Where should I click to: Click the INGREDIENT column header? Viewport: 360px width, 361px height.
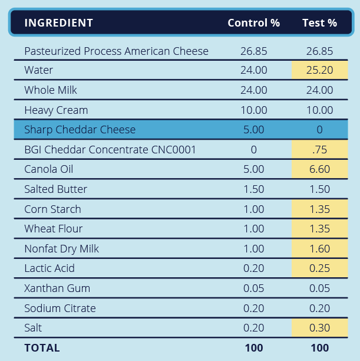58,23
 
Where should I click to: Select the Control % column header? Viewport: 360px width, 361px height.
253,23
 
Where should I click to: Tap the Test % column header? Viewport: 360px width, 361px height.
319,23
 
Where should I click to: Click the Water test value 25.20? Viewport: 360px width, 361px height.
319,70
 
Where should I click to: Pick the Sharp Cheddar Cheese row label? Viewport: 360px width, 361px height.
80,130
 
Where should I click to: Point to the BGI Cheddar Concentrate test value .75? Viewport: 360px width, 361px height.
319,150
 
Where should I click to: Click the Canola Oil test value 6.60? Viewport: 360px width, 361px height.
319,169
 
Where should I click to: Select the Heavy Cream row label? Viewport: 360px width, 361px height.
56,110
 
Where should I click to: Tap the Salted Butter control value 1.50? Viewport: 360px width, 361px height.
253,189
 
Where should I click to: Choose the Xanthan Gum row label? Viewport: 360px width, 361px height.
55,288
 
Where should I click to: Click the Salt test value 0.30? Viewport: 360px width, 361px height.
319,328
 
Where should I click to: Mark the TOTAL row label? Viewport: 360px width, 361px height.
42,348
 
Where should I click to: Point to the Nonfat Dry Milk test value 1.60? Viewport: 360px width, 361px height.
319,249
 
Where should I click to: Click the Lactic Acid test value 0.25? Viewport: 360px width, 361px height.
319,268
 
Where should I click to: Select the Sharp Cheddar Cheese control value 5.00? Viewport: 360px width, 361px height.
253,130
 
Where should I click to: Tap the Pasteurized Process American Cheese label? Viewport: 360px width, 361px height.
116,51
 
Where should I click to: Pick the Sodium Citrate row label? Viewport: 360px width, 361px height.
60,309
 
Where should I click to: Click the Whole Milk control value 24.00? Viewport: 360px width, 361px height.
253,90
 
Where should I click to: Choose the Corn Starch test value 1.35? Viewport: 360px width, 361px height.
319,209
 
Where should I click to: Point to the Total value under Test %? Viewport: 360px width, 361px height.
319,348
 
